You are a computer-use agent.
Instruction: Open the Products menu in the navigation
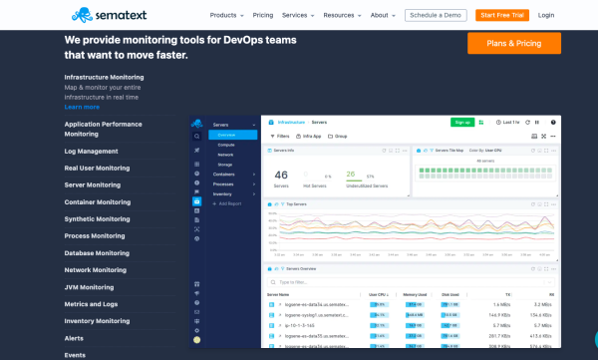click(228, 16)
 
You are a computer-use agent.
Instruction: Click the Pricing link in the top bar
click(263, 16)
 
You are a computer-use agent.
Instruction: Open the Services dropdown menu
click(298, 16)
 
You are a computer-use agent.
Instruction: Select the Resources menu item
click(342, 16)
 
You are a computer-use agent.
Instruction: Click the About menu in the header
click(383, 16)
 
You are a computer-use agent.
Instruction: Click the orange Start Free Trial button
click(501, 16)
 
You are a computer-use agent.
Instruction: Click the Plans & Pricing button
click(513, 43)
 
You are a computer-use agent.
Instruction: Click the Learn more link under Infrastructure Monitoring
click(82, 107)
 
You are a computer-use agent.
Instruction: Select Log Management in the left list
click(91, 152)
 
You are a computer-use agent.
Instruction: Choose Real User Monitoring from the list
click(97, 169)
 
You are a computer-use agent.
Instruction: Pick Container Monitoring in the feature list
click(97, 202)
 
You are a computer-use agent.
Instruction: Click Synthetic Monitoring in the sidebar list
click(97, 219)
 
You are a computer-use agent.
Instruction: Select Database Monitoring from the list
click(96, 253)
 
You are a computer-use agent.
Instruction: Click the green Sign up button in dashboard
click(462, 122)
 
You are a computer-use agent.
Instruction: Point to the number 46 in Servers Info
click(280, 175)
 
